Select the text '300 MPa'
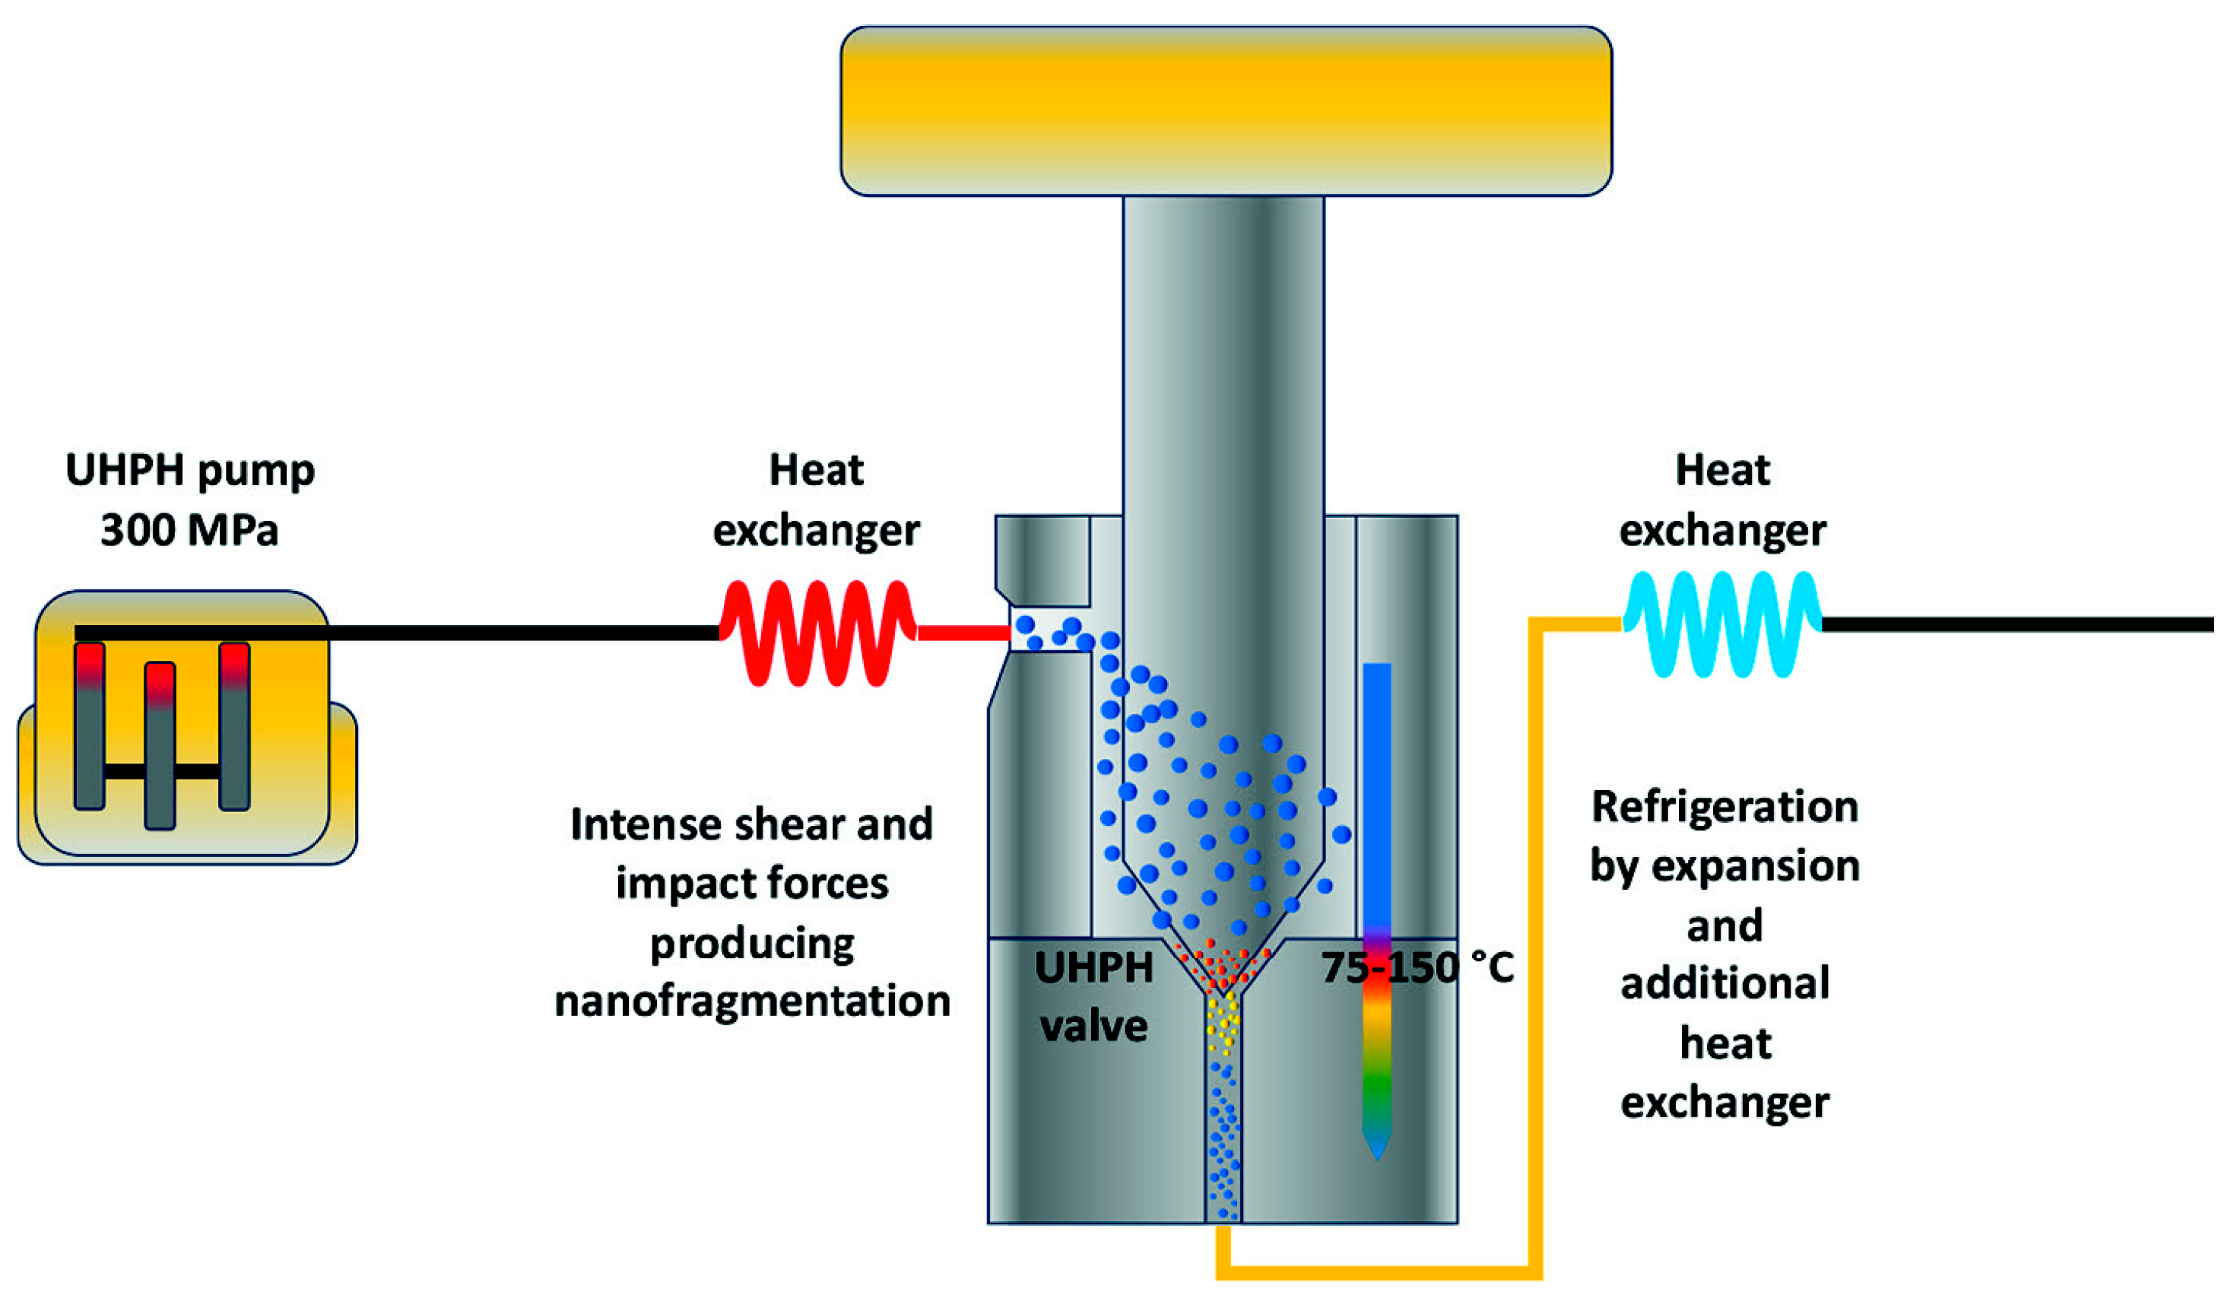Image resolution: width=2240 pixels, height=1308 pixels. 189,531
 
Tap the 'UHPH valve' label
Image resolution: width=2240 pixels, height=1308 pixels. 1093,997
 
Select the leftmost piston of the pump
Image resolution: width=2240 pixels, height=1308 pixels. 89,725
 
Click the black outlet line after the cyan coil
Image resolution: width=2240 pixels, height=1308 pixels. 2018,625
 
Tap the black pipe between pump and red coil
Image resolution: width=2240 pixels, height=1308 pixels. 525,633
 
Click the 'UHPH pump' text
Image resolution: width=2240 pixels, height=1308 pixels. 189,469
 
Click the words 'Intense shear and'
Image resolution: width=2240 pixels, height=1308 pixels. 752,824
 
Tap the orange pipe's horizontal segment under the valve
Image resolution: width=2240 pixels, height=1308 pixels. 1378,1272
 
